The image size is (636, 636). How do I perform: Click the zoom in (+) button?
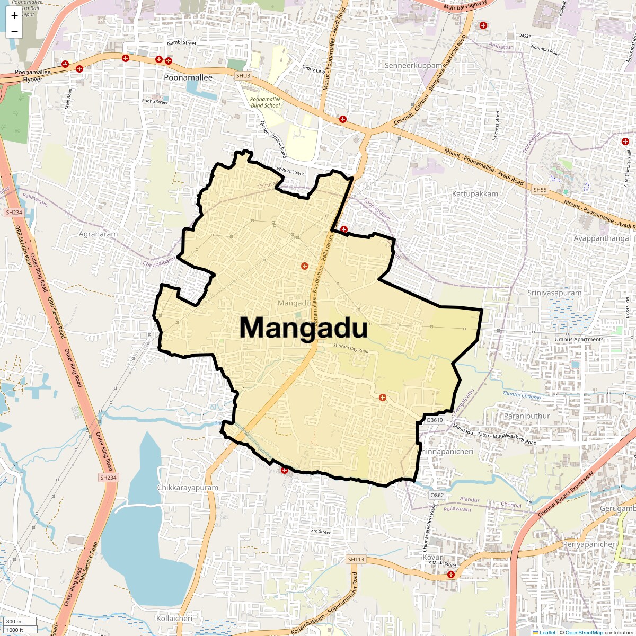[14, 15]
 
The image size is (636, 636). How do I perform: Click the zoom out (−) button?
[14, 31]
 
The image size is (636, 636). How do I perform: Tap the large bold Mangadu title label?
[303, 328]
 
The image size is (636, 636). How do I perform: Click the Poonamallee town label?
[188, 77]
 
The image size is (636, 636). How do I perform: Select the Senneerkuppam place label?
[413, 66]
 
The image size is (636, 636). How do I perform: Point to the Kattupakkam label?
[475, 194]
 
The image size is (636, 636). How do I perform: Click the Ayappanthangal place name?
[602, 238]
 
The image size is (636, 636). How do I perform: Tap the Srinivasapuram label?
[554, 293]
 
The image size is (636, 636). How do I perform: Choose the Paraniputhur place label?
[527, 416]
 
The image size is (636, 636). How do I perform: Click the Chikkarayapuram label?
[188, 488]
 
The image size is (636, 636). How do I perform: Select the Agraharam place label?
[98, 234]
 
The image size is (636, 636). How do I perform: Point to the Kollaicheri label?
[174, 618]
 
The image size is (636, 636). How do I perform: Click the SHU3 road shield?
[243, 76]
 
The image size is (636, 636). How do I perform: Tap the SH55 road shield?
[540, 190]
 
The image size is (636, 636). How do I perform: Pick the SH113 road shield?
[356, 559]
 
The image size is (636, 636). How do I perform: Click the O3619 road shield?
[434, 420]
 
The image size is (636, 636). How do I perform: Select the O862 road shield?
[437, 495]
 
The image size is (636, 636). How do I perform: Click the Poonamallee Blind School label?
[265, 102]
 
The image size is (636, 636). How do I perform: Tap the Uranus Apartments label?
[579, 339]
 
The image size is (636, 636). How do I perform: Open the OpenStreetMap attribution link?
[584, 632]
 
